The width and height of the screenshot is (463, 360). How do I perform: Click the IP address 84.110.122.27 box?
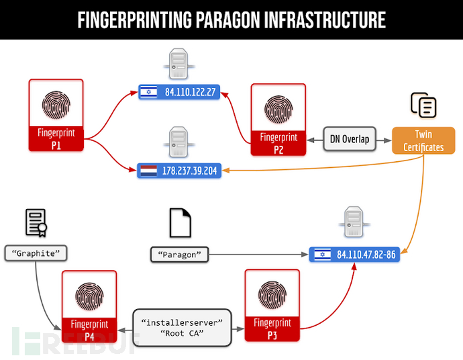pyautogui.click(x=179, y=92)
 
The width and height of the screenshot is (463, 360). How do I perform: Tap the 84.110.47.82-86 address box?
pyautogui.click(x=354, y=255)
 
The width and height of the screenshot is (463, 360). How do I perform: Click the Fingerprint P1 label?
pyautogui.click(x=56, y=139)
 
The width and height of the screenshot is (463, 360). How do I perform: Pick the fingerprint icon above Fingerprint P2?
pyautogui.click(x=278, y=109)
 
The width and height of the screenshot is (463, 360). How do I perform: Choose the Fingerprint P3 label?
pyautogui.click(x=272, y=329)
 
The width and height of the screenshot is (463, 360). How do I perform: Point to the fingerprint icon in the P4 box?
pyautogui.click(x=89, y=296)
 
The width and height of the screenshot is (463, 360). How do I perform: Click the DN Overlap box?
pyautogui.click(x=350, y=139)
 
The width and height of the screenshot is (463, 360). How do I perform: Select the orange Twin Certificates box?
pyautogui.click(x=423, y=140)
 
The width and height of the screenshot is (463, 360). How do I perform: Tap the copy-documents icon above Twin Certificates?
pyautogui.click(x=423, y=105)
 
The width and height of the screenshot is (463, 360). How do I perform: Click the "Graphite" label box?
pyautogui.click(x=36, y=253)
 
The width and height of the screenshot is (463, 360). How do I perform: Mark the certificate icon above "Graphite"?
pyautogui.click(x=36, y=223)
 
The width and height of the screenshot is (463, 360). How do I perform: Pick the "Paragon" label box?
pyautogui.click(x=180, y=255)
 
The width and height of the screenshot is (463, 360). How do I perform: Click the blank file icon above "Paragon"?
pyautogui.click(x=180, y=223)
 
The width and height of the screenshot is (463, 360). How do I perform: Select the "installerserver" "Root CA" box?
pyautogui.click(x=182, y=328)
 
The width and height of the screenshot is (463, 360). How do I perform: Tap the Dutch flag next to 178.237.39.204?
pyautogui.click(x=148, y=171)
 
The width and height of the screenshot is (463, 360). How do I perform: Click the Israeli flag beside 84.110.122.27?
pyautogui.click(x=148, y=92)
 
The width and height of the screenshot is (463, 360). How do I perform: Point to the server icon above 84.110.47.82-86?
pyautogui.click(x=354, y=222)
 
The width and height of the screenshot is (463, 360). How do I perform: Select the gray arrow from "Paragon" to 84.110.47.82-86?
pyautogui.click(x=258, y=255)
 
